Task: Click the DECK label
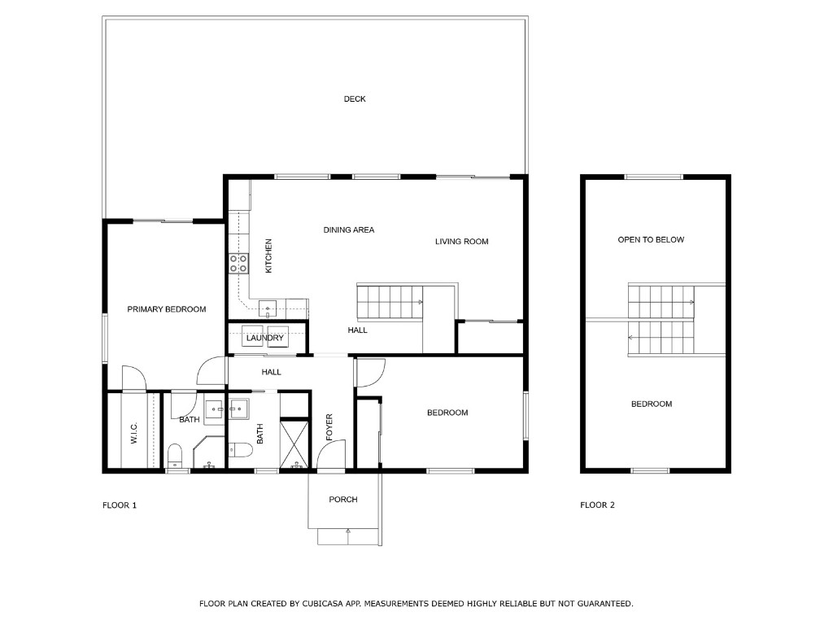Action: (x=355, y=99)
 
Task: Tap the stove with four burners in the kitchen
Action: (x=238, y=263)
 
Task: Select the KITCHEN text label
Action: (x=268, y=255)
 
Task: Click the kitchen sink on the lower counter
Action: (x=268, y=308)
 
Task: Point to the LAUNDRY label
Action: (x=265, y=338)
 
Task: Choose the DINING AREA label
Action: (x=349, y=230)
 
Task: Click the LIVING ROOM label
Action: (x=461, y=242)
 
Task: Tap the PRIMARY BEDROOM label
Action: (x=167, y=309)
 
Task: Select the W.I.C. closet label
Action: (x=134, y=433)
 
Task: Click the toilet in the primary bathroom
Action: (x=174, y=454)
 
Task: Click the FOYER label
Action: (x=329, y=428)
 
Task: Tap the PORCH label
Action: (x=343, y=500)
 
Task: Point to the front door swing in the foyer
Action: (x=332, y=456)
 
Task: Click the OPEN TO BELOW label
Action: (x=651, y=240)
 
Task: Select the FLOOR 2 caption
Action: (x=597, y=505)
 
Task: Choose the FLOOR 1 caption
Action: (x=120, y=505)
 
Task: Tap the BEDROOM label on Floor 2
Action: (x=652, y=404)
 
